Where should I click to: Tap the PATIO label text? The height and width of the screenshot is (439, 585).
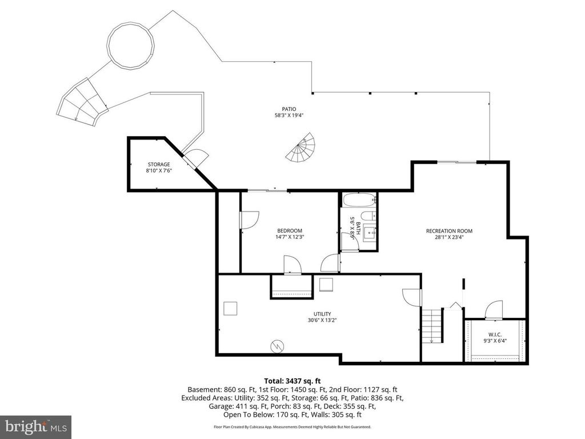pos(289,109)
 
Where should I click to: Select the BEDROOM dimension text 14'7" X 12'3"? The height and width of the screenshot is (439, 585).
pos(289,237)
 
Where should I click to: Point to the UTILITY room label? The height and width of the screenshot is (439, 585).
pos(323,314)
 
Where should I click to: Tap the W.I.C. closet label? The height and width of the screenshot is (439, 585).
pos(494,334)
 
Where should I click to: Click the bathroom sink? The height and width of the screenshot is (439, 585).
pos(370,232)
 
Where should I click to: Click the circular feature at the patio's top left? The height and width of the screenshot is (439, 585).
pos(131,45)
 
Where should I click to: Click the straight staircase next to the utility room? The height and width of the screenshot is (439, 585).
pos(432,325)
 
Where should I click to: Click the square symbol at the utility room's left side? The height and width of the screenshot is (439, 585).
pos(230,308)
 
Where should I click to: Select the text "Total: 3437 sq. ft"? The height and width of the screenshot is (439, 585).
pos(292,380)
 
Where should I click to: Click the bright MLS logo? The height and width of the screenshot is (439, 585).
pos(35,426)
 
